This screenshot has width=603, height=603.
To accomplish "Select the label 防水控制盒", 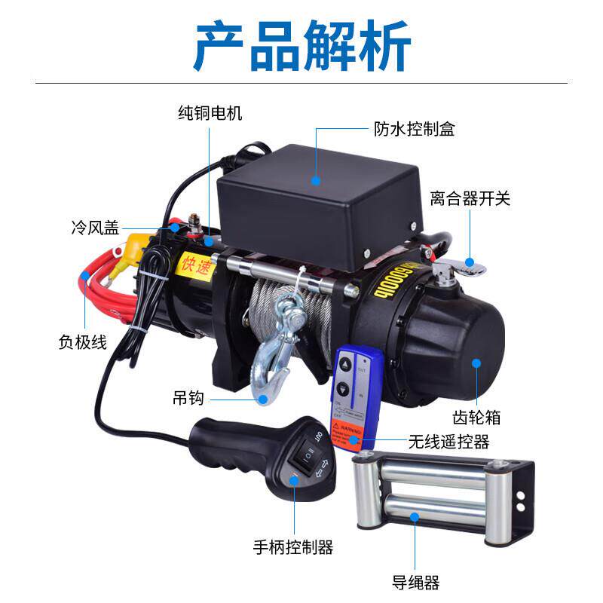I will (415, 129).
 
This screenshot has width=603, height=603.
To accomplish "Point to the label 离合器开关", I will (470, 199).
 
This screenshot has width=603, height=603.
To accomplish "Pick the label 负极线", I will (82, 341).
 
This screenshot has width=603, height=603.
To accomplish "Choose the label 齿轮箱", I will (477, 417).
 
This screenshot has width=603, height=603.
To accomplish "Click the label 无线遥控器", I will (448, 441).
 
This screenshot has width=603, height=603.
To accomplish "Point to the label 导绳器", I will (415, 582).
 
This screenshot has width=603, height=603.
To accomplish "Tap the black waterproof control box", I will (317, 204).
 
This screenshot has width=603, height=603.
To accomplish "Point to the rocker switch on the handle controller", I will (308, 455).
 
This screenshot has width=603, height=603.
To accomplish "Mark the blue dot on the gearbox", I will (476, 363).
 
